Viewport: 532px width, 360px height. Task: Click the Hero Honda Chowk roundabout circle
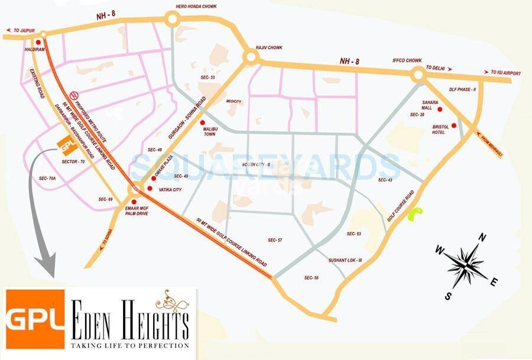pyautogui.click(x=173, y=20)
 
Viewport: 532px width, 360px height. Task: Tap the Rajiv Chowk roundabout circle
pyautogui.click(x=250, y=57)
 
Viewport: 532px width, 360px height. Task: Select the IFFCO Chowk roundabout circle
pyautogui.click(x=419, y=74)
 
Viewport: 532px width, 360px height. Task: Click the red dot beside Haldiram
pyautogui.click(x=38, y=42)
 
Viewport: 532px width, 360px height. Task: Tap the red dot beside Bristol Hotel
pyautogui.click(x=454, y=125)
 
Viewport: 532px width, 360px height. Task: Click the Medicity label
pyautogui.click(x=234, y=101)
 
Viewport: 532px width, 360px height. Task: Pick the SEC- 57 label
pyautogui.click(x=275, y=240)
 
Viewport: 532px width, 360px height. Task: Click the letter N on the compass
pyautogui.click(x=482, y=238)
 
